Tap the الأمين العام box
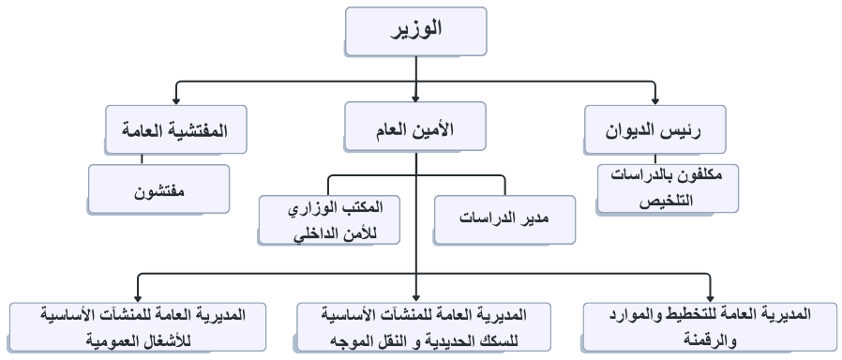[x=416, y=129]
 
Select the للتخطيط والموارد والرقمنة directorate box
[x=708, y=326]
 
